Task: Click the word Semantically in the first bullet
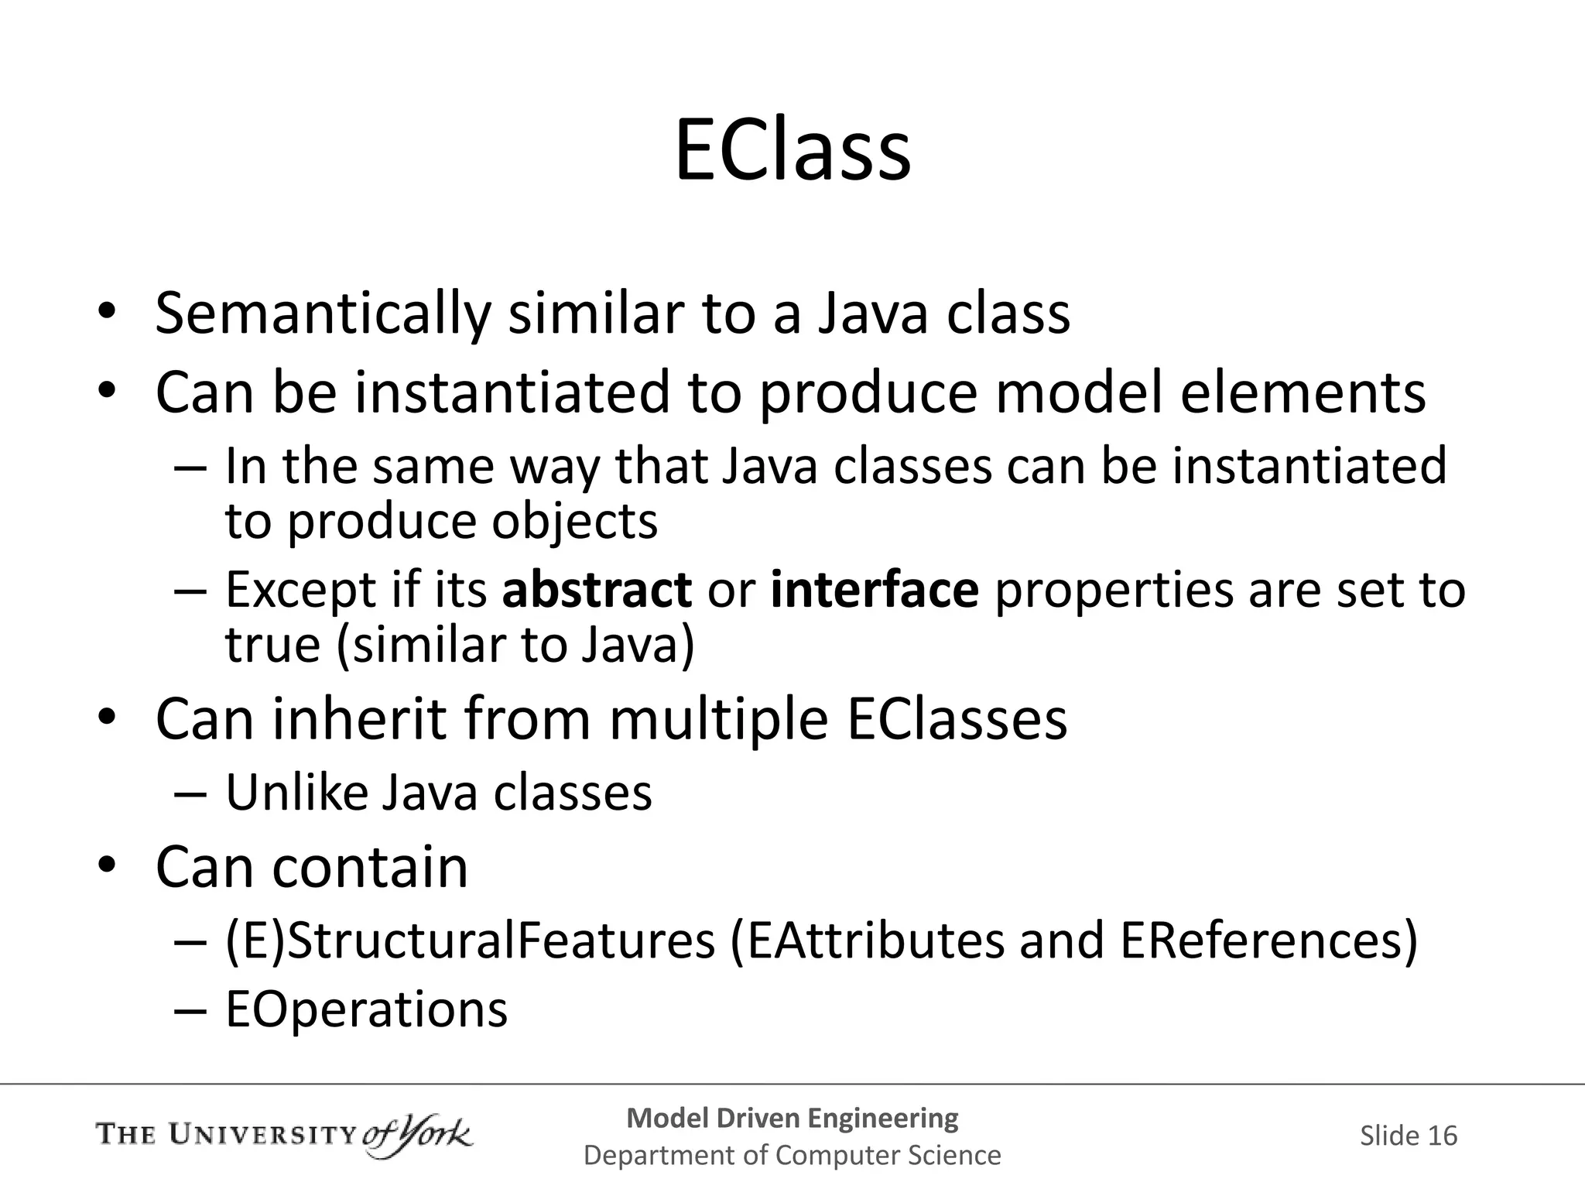(x=323, y=314)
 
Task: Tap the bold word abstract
(x=597, y=590)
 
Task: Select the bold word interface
(x=875, y=590)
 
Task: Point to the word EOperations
(x=366, y=1009)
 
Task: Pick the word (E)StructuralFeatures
(x=470, y=941)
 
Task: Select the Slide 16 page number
(x=1408, y=1136)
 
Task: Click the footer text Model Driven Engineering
(x=792, y=1118)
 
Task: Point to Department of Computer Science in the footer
(x=792, y=1155)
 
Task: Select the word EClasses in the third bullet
(x=957, y=720)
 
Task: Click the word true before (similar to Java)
(x=272, y=645)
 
